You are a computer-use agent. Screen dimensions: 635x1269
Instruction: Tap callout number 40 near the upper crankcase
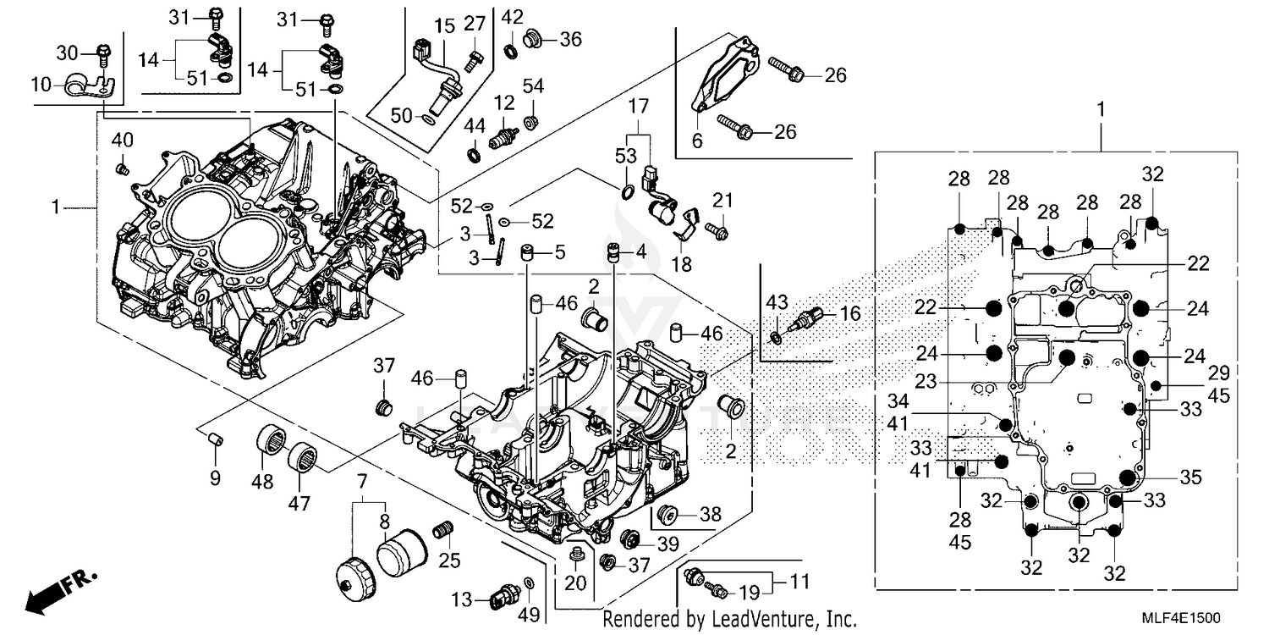click(122, 141)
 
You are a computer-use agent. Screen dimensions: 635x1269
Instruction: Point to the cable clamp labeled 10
click(85, 85)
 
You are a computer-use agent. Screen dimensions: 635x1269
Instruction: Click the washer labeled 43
click(776, 340)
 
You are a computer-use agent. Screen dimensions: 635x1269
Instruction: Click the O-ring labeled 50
click(429, 120)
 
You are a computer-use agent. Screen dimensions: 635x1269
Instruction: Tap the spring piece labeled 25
click(440, 533)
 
